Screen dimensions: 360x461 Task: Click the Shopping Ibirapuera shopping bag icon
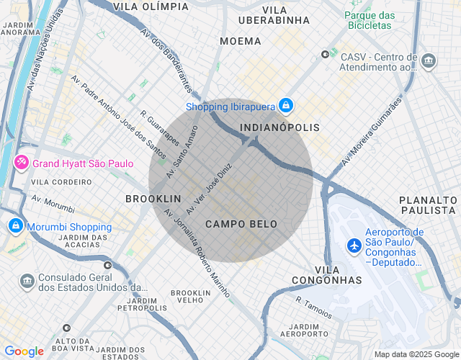286,107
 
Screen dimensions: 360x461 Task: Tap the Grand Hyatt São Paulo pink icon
22,163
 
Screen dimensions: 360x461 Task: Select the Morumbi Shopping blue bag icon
14,226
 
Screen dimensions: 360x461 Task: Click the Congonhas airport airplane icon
354,246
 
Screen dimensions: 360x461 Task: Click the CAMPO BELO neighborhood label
241,225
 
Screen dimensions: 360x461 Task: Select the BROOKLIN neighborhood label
153,198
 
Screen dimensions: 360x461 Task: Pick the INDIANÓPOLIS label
279,127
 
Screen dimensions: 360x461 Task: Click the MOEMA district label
241,41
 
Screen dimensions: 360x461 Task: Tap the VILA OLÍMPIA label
151,6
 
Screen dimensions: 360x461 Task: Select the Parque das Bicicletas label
370,22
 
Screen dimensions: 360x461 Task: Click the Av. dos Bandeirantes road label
166,61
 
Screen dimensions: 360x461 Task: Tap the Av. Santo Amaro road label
182,152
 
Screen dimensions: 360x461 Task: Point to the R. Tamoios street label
314,307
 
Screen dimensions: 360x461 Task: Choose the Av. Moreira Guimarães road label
370,133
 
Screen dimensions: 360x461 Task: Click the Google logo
24,351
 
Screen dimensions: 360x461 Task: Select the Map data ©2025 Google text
416,354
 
